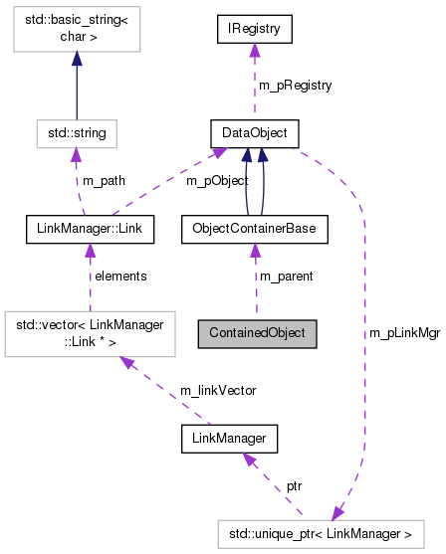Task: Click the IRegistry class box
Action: (255, 31)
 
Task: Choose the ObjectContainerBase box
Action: (254, 229)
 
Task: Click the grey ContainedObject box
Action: (257, 333)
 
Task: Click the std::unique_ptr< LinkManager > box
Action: (329, 534)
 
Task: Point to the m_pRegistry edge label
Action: (296, 86)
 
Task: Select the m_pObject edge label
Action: (188, 180)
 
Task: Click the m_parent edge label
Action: (286, 276)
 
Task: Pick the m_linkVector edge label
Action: (218, 391)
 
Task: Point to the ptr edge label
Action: (294, 486)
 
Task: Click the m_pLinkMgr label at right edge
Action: (403, 332)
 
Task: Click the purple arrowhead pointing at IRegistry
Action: (256, 51)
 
